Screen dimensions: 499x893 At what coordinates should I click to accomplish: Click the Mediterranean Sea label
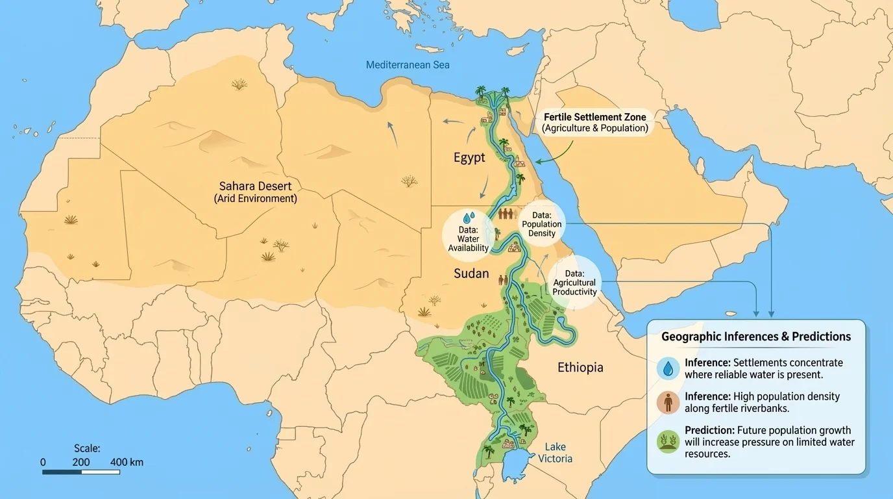click(408, 65)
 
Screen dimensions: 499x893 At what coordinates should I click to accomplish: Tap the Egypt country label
click(469, 158)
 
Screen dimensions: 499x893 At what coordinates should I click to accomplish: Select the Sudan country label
click(471, 274)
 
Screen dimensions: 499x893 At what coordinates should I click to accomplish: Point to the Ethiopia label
click(580, 368)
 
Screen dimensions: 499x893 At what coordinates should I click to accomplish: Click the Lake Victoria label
click(555, 453)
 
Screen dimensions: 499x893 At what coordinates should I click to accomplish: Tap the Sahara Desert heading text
click(255, 186)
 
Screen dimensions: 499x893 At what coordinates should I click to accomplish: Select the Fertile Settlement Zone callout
click(594, 122)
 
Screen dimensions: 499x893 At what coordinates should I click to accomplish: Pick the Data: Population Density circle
click(542, 224)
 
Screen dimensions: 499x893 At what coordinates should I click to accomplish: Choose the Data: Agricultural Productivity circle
click(574, 283)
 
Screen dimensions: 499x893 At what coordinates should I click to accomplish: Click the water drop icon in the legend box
click(668, 368)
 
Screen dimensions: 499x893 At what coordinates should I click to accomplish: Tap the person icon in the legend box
click(668, 402)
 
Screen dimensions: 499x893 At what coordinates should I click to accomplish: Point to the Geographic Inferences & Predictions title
click(756, 337)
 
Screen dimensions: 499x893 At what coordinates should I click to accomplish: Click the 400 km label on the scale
click(127, 463)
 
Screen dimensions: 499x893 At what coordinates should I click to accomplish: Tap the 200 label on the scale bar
click(81, 463)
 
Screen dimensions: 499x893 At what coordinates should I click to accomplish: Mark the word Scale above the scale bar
click(87, 448)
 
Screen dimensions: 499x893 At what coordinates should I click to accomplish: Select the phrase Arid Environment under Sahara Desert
click(255, 199)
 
